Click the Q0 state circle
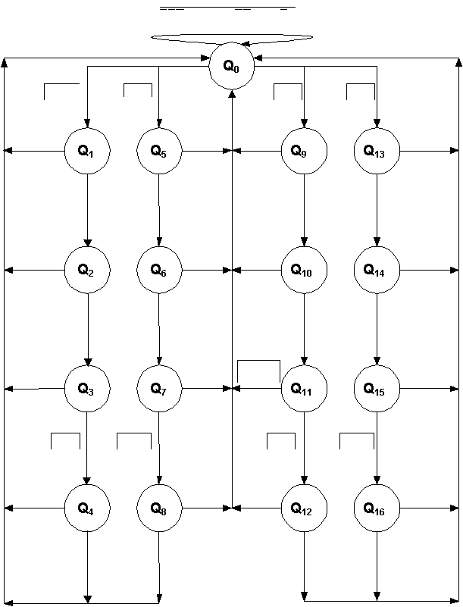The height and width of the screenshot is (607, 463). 232,66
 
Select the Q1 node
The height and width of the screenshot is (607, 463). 87,151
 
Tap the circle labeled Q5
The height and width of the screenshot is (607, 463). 159,151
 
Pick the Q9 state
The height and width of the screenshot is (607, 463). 304,151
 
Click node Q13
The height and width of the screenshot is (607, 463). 377,151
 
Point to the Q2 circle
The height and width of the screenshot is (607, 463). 87,270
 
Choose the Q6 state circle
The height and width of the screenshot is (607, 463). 159,270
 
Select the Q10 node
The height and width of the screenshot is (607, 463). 304,270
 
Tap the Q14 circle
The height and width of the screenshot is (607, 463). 377,270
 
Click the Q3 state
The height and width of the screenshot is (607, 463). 87,389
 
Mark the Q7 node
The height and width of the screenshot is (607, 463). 159,389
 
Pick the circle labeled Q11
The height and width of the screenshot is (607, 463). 304,389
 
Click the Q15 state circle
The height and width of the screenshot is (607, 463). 377,389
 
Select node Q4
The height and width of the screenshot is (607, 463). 87,508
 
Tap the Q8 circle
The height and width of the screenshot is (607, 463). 159,508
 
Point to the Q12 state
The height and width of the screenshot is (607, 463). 304,508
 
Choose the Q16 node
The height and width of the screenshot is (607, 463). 377,508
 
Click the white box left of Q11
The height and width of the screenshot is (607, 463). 258,371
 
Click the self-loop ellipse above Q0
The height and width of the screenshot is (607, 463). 232,38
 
